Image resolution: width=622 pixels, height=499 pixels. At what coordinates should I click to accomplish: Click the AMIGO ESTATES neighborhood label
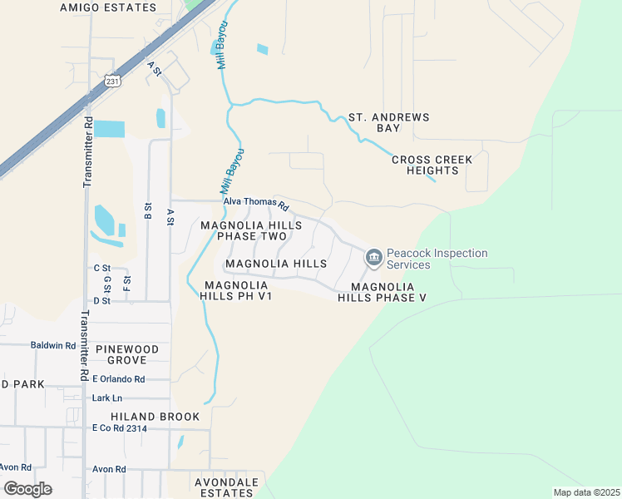coord(108,7)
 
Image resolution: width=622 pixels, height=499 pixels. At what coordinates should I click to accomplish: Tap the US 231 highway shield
coord(112,80)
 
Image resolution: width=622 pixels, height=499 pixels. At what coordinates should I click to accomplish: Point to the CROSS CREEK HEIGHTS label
coord(432,165)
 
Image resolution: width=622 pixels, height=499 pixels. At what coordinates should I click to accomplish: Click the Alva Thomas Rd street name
coord(255,203)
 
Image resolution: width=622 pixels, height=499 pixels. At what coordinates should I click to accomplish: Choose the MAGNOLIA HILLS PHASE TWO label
coord(251,231)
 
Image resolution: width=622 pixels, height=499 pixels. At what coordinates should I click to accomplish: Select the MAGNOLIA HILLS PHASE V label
coord(382,292)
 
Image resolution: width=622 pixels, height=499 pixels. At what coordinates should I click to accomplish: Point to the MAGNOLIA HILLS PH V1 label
coord(238,290)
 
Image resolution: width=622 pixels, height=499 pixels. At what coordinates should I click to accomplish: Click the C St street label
coord(102,268)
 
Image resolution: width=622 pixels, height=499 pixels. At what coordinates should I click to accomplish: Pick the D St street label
coord(102,300)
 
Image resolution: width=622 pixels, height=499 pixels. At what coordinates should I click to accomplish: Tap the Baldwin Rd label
coord(52,345)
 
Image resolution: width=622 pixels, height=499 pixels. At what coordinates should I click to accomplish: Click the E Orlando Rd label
coord(118,379)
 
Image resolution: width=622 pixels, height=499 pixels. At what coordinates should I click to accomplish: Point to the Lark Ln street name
coord(106,398)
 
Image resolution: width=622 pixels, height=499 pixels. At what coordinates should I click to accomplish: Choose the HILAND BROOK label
coord(155,417)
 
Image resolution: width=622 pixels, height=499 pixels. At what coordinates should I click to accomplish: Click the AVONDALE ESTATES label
coord(226,487)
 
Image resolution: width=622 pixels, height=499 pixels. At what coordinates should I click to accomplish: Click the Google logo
coord(27,488)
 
